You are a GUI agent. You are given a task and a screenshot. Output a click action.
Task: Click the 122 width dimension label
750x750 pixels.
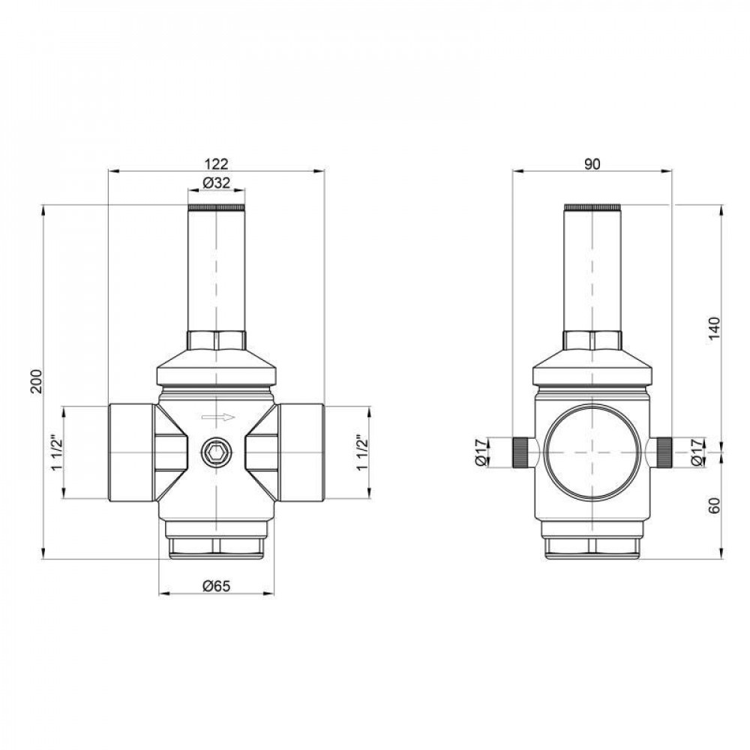[x=216, y=163]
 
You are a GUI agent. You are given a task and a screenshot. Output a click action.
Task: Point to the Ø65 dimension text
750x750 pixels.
[x=216, y=587]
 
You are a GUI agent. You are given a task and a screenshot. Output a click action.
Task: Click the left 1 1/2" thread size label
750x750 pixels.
[x=55, y=453]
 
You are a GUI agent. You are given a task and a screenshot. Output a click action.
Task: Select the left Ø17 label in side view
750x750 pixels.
[x=481, y=452]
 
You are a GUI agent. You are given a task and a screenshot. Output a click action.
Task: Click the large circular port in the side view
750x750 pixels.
[x=592, y=453]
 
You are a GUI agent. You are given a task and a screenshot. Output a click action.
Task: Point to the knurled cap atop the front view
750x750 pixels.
[x=216, y=207]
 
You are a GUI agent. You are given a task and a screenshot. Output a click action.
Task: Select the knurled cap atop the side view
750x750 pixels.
[x=592, y=207]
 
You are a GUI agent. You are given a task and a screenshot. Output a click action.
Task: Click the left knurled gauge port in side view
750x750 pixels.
[x=520, y=453]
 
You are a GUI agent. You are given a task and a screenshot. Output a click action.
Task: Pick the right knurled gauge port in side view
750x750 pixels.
[x=664, y=453]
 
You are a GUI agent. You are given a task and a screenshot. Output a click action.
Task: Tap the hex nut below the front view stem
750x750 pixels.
[x=216, y=340]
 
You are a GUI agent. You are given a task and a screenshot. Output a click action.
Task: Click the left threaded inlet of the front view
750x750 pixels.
[x=132, y=453]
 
